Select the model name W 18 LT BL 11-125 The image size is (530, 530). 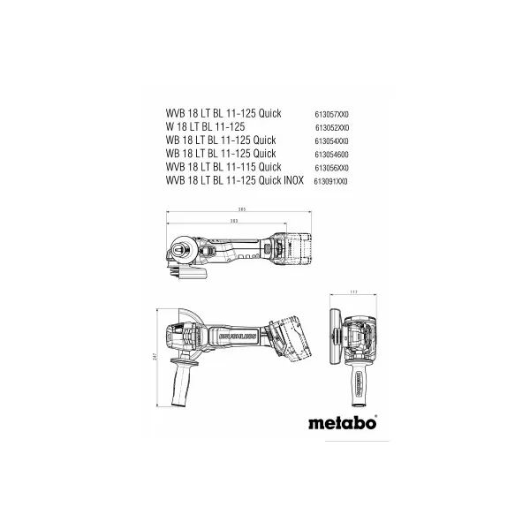pyautogui.click(x=208, y=127)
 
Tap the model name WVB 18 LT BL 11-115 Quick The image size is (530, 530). pyautogui.click(x=223, y=166)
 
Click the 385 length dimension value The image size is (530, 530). pyautogui.click(x=241, y=209)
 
